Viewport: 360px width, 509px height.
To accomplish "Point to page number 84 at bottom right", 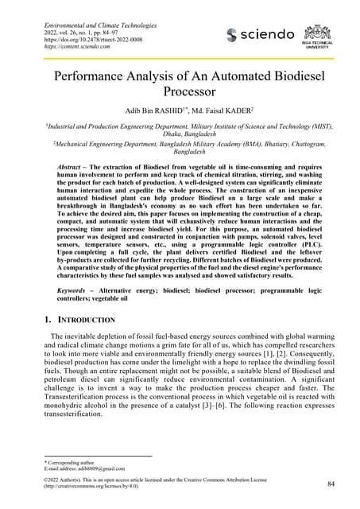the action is tap(331, 484).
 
